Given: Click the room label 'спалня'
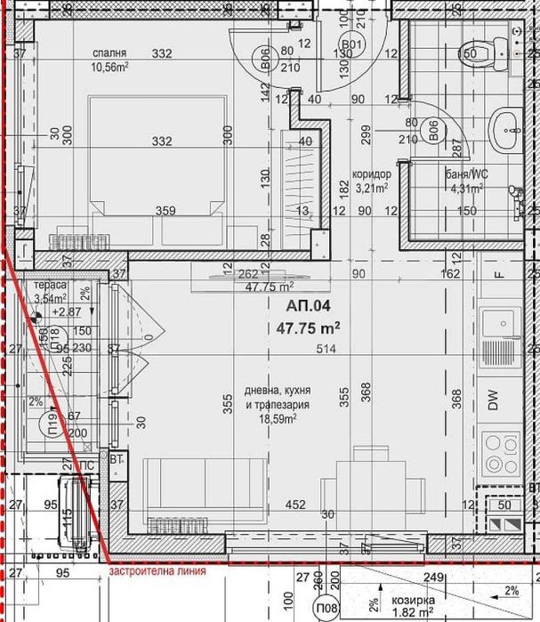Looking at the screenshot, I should click(115, 53).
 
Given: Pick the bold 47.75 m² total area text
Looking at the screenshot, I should click(310, 327).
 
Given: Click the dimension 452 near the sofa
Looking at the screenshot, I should click(295, 505).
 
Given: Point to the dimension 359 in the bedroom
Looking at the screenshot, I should click(167, 211).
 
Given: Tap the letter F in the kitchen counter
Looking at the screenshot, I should click(499, 275).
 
